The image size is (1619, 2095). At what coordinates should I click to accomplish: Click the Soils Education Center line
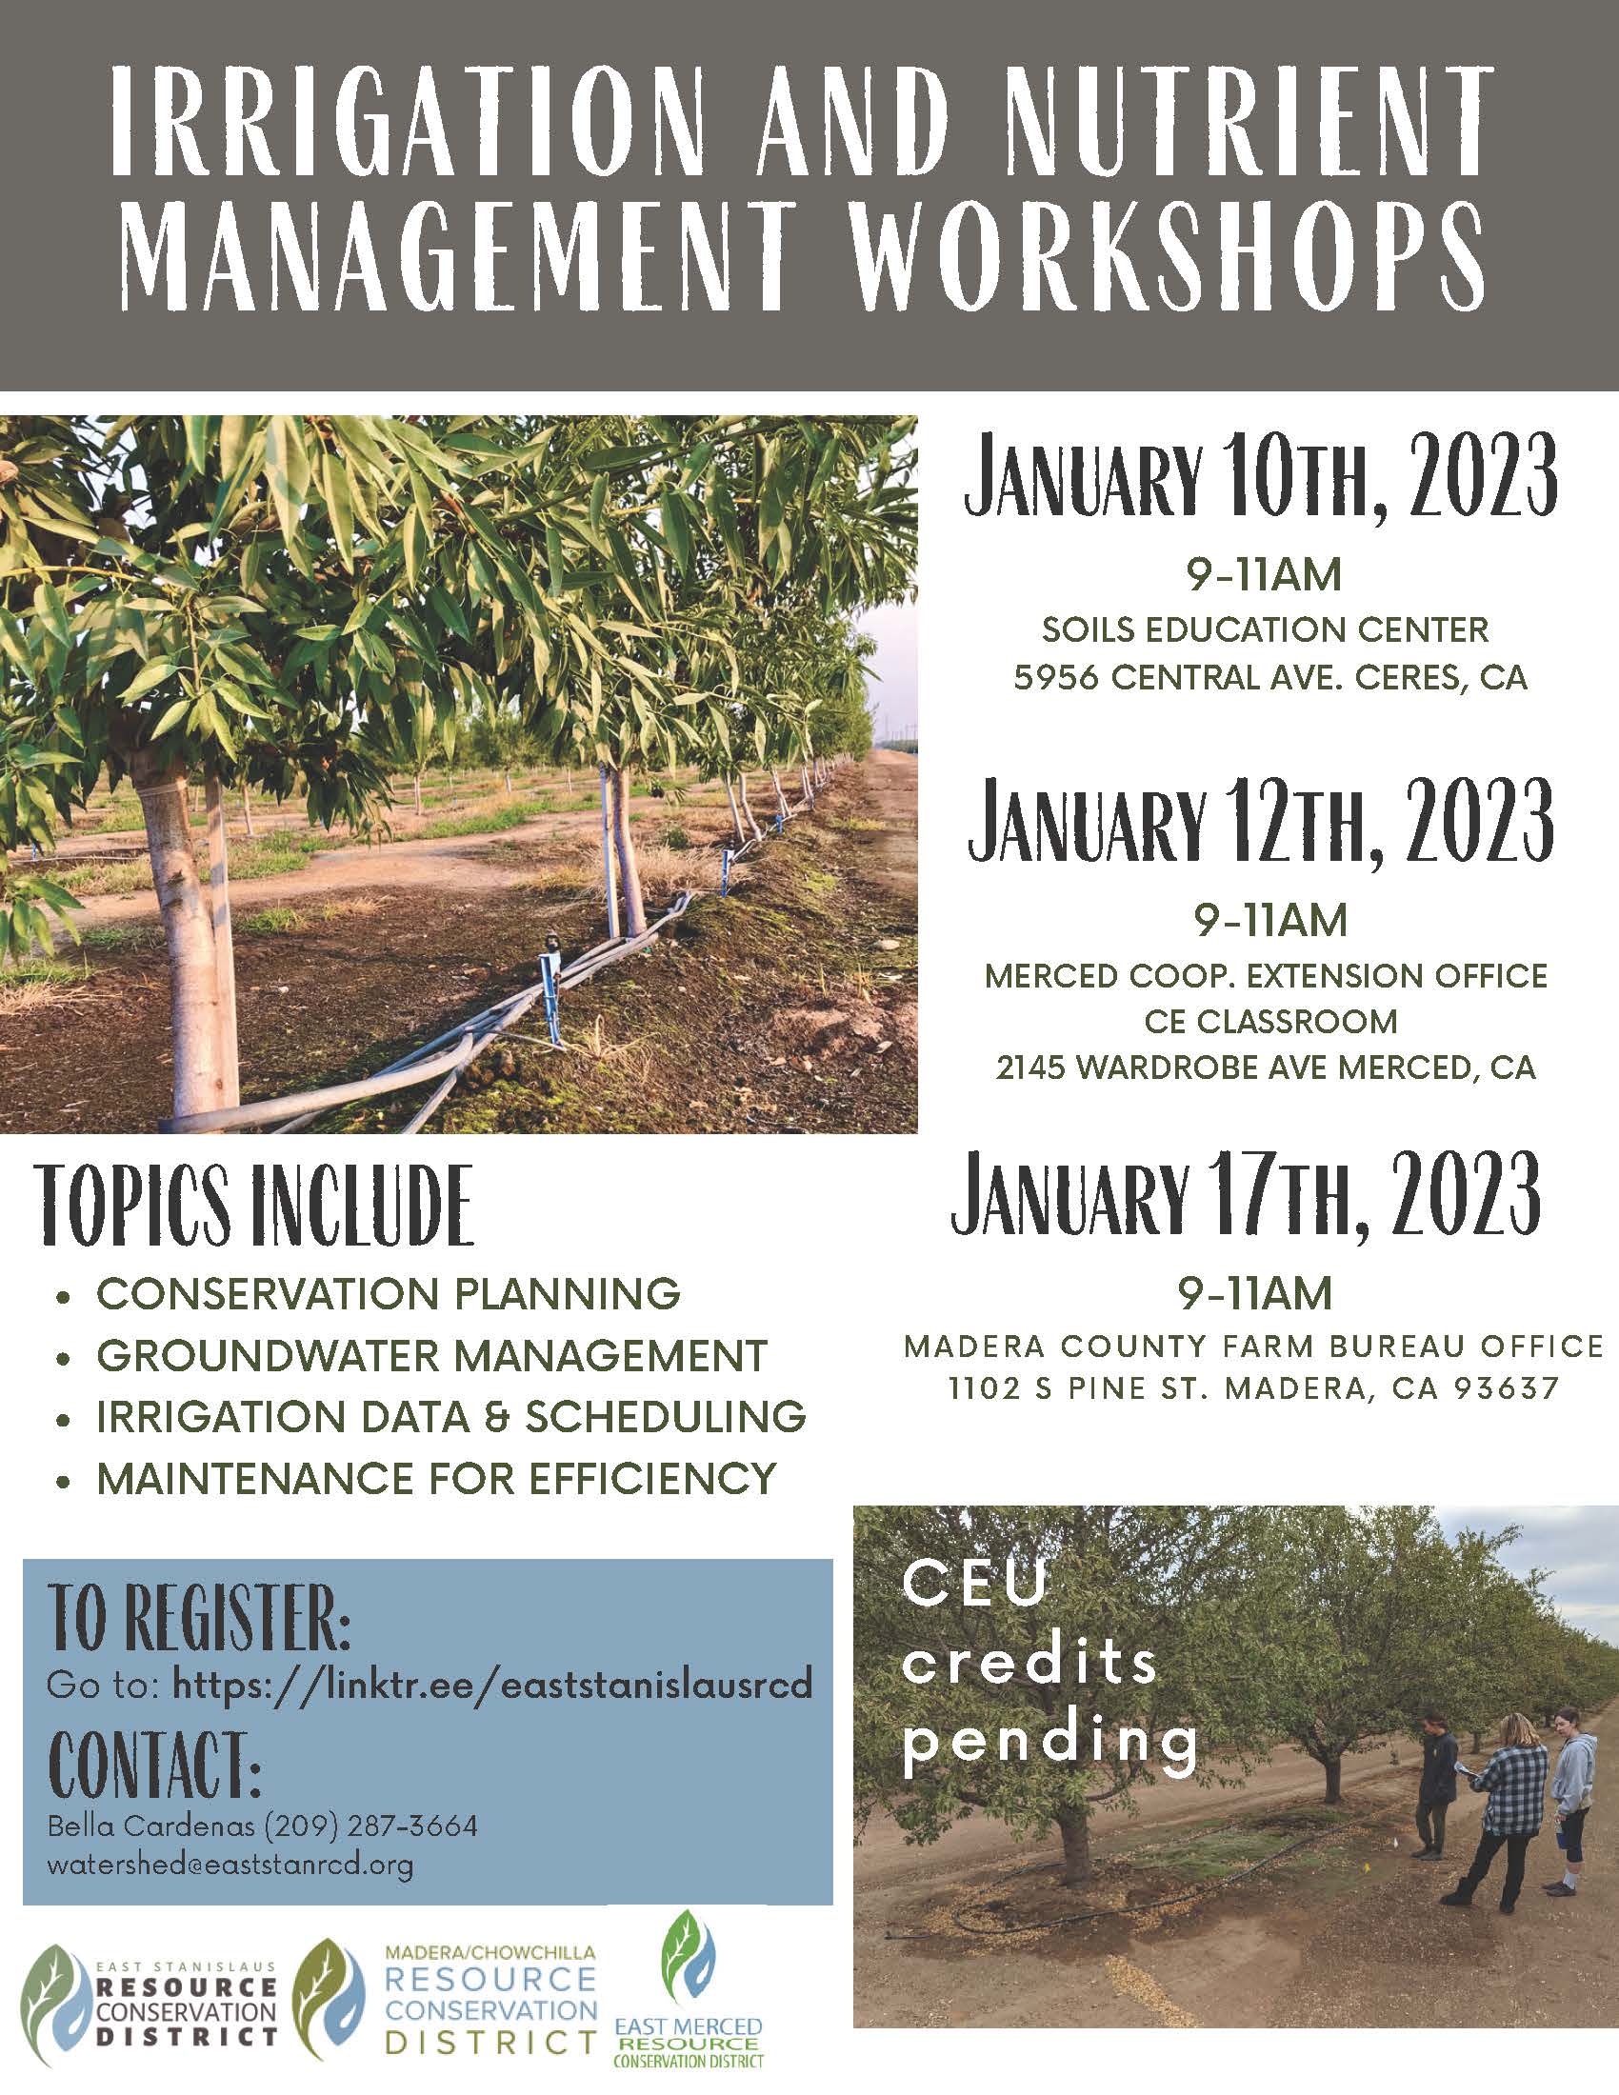coord(1265,631)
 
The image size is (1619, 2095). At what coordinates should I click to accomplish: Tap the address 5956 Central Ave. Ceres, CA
coord(1269,678)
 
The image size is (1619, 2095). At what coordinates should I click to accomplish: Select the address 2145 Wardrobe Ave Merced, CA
coord(1265,1067)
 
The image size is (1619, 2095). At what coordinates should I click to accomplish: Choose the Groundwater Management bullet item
coord(431,1355)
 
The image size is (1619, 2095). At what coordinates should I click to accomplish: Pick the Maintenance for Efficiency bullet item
coord(435,1478)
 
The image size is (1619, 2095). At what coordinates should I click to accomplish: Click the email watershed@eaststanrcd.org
coord(230,1866)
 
